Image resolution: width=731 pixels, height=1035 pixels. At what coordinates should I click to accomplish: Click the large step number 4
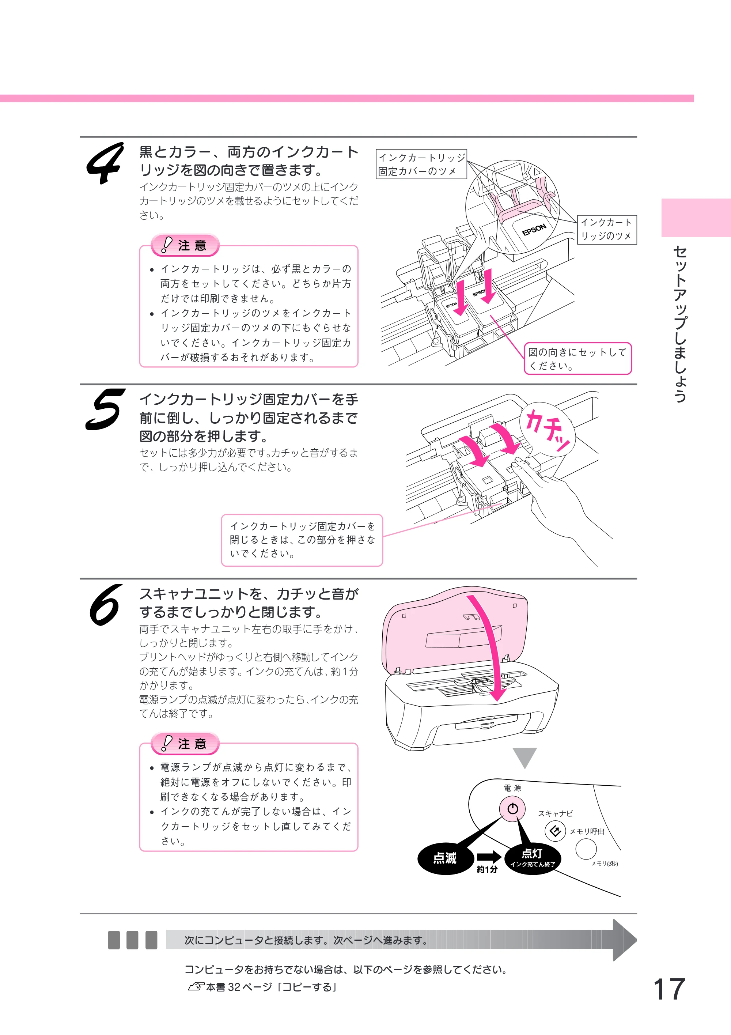105,163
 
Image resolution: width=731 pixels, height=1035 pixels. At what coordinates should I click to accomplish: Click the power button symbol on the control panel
512,809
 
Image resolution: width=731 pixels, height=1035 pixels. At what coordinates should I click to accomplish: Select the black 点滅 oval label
445,858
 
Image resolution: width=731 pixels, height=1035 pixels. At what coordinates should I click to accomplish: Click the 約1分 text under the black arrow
488,869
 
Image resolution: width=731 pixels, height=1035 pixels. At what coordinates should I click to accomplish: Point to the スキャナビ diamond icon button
555,831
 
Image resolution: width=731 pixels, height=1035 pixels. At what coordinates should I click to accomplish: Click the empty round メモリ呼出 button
586,850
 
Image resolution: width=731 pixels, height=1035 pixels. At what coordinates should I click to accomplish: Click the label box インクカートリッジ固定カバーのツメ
421,164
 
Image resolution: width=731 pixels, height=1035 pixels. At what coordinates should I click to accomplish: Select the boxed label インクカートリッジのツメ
607,230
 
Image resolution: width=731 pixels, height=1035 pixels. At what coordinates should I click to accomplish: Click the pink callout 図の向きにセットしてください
578,358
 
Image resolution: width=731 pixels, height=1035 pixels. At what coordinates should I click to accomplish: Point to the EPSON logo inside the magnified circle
534,230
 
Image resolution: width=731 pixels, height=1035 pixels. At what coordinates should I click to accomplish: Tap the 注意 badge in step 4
185,245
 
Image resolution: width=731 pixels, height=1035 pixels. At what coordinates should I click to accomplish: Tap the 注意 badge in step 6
185,743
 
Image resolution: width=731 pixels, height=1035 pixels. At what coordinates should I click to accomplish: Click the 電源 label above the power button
512,788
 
